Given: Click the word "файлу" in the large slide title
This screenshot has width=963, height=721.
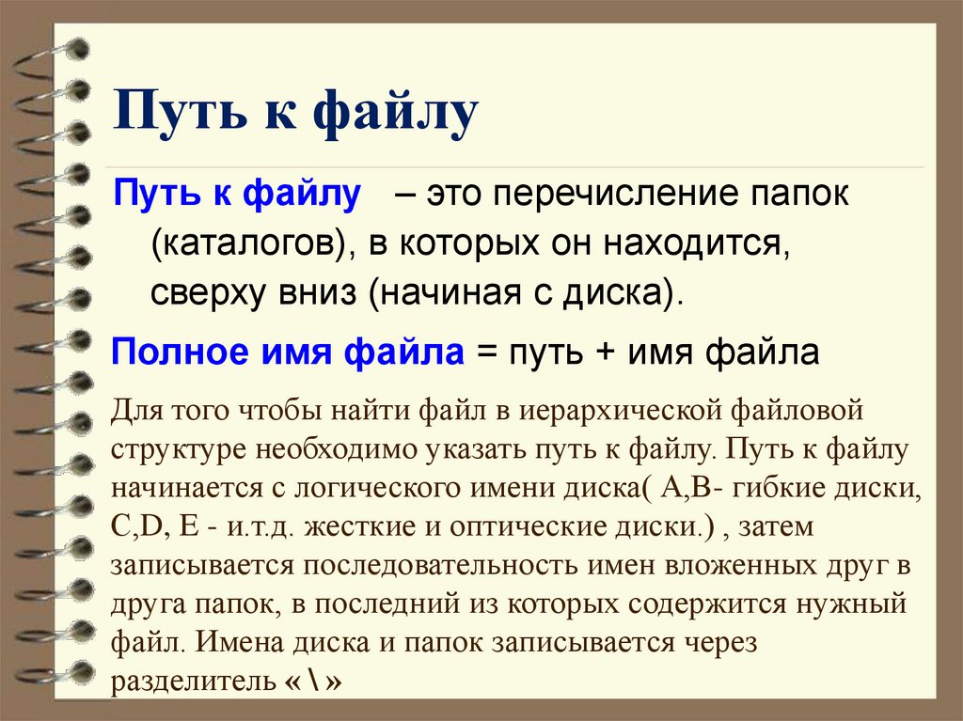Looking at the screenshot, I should click(x=395, y=112).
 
